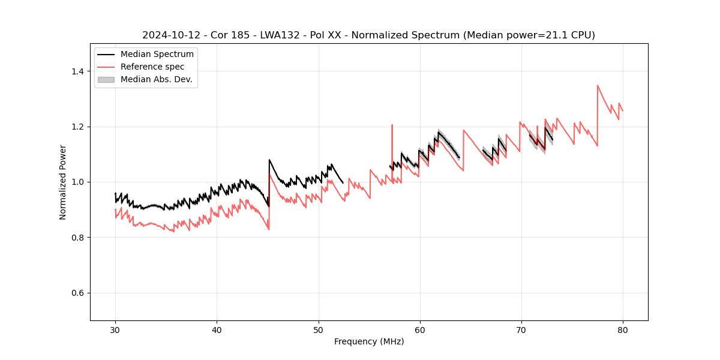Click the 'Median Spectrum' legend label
[157, 55]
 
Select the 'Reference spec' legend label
[152, 67]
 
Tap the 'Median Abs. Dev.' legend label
[156, 79]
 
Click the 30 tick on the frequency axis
[115, 329]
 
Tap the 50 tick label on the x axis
[319, 329]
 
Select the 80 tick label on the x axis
[623, 329]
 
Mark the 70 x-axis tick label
[521, 329]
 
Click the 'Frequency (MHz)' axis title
[369, 341]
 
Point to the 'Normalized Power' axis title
[63, 182]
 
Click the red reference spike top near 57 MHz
[392, 125]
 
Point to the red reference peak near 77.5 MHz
[598, 85]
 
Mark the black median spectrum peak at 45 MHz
[269, 160]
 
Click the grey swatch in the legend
[106, 79]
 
